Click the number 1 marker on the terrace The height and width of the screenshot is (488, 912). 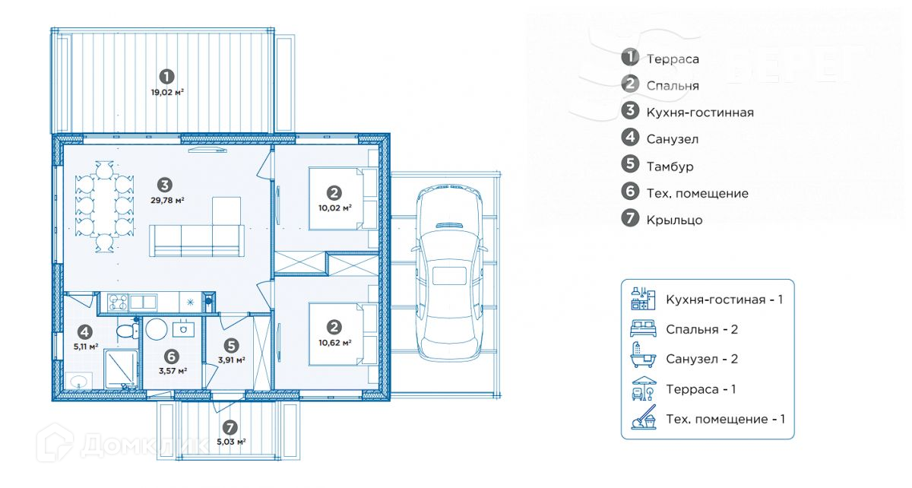coord(166,76)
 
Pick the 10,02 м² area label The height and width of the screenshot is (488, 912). coord(335,207)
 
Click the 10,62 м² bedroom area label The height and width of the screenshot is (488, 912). coord(334,343)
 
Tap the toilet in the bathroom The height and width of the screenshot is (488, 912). coord(124,331)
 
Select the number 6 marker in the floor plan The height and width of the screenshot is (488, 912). coord(172,356)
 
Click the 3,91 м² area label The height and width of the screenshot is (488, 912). coord(231,360)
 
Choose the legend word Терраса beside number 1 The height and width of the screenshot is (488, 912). coord(673,59)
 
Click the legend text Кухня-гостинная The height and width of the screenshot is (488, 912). coord(700,112)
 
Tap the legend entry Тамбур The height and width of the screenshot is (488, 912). coord(670,166)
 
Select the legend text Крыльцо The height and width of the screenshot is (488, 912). coord(674,220)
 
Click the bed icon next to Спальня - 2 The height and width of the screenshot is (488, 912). coord(642,328)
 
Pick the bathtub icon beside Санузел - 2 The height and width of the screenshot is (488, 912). coord(642,358)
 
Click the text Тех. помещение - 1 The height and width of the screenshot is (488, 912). coord(726,419)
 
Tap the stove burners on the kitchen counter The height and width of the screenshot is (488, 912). coord(117,302)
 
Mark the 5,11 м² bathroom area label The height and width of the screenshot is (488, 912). coord(85,347)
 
